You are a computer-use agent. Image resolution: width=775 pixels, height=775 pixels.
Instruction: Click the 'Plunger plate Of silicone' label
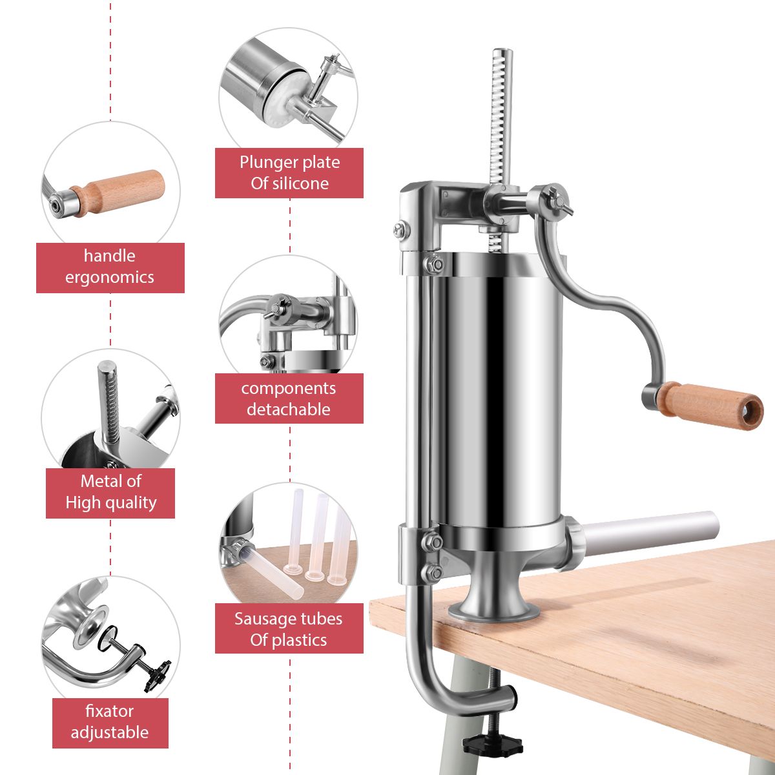pos(289,172)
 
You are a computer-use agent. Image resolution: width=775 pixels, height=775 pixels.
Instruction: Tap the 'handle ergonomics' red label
pos(110,267)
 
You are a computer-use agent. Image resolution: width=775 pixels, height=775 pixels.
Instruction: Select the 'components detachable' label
pos(289,398)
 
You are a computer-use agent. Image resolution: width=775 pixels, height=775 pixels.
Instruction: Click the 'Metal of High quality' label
pos(110,492)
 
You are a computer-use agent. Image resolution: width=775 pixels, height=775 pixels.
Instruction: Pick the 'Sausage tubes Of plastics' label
pos(289,629)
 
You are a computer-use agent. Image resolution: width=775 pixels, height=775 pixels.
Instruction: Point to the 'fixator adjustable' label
pos(110,722)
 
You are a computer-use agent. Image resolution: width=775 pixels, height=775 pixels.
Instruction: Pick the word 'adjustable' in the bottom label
pos(110,732)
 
